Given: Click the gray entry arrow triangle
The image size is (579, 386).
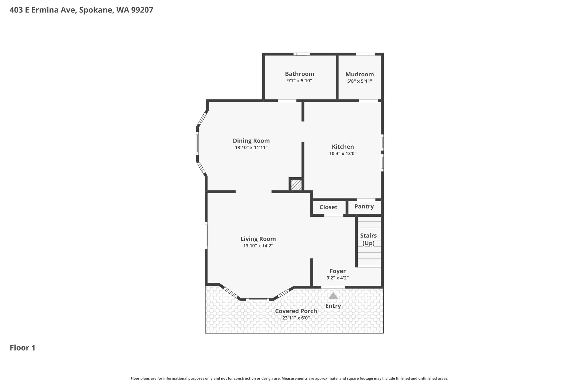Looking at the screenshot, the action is click(333, 296).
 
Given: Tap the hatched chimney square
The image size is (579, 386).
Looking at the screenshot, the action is click(296, 185).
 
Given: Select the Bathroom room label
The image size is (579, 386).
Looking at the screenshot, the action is click(299, 74).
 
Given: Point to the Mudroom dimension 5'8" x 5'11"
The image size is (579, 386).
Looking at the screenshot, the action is click(360, 81).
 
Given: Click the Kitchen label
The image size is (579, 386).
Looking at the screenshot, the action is click(343, 147).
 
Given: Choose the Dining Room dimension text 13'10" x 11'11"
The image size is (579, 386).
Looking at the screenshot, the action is click(251, 148).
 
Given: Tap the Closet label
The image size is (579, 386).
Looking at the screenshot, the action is click(328, 207).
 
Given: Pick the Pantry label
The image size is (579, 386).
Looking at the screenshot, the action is click(364, 206).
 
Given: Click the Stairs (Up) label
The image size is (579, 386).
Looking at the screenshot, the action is click(368, 239).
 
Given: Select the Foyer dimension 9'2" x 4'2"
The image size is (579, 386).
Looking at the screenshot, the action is click(338, 278).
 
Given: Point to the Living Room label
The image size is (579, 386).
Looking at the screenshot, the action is click(258, 239).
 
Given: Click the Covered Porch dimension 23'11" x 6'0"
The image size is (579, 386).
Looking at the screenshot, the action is click(296, 318).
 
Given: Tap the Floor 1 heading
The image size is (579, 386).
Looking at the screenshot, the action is click(23, 348).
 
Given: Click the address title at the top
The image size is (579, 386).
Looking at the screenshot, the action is click(81, 10).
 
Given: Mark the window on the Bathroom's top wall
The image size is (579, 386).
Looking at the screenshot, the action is click(301, 54).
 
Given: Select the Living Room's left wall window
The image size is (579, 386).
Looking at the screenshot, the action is click(206, 235).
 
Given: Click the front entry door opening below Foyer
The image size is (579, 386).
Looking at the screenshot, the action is click(333, 287).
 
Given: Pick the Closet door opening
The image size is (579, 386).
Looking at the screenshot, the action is click(334, 215).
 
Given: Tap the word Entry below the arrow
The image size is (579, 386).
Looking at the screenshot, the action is click(333, 306).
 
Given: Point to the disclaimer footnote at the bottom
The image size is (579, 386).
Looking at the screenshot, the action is click(289, 378).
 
